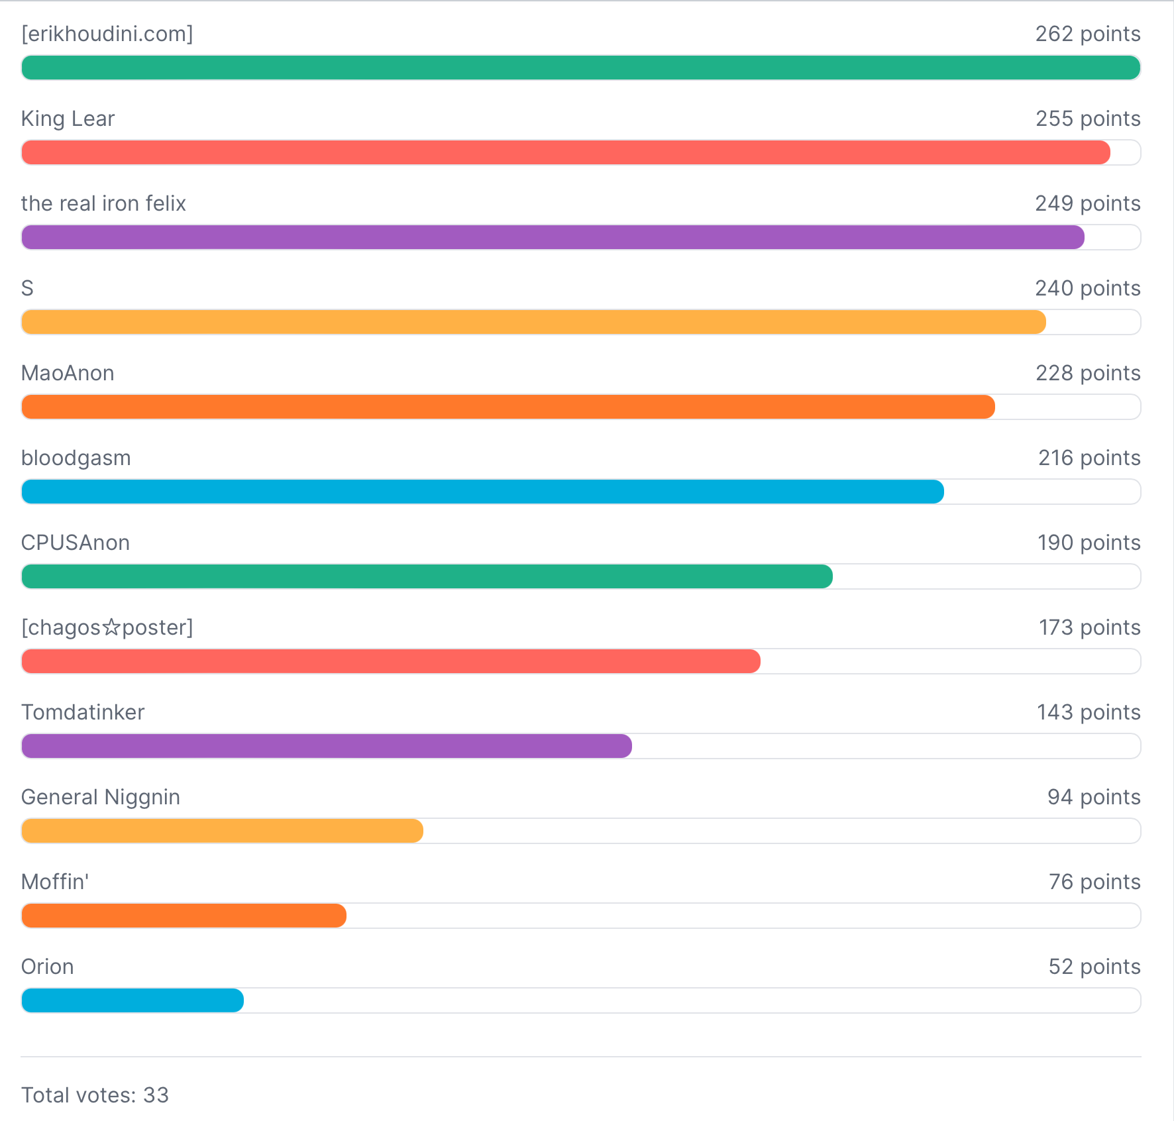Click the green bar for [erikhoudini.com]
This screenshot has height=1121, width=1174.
[x=580, y=68]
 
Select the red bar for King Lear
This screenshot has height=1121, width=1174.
[x=566, y=152]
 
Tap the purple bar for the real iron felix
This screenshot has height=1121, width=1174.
[x=553, y=237]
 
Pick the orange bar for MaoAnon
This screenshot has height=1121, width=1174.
[x=508, y=407]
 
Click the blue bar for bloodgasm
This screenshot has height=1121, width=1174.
[x=482, y=492]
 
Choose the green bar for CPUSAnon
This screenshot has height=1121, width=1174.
[x=427, y=576]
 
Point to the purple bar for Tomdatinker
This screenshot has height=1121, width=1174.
[x=327, y=746]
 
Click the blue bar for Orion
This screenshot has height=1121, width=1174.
[x=133, y=1000]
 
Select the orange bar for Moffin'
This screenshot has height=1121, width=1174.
[x=184, y=916]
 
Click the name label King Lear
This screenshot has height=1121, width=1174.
[x=68, y=119]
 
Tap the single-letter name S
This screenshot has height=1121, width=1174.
[x=27, y=288]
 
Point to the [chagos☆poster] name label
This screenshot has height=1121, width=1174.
[x=107, y=627]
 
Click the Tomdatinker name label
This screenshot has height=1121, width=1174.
[x=83, y=712]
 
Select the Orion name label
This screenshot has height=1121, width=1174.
[x=47, y=967]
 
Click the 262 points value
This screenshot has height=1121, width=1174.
[x=1087, y=34]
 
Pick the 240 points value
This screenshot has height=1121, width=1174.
[x=1087, y=288]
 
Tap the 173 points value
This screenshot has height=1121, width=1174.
[x=1089, y=627]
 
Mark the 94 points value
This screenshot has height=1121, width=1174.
[x=1093, y=797]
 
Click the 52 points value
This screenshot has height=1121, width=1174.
[x=1094, y=967]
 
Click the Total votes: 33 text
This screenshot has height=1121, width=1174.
[x=95, y=1095]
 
